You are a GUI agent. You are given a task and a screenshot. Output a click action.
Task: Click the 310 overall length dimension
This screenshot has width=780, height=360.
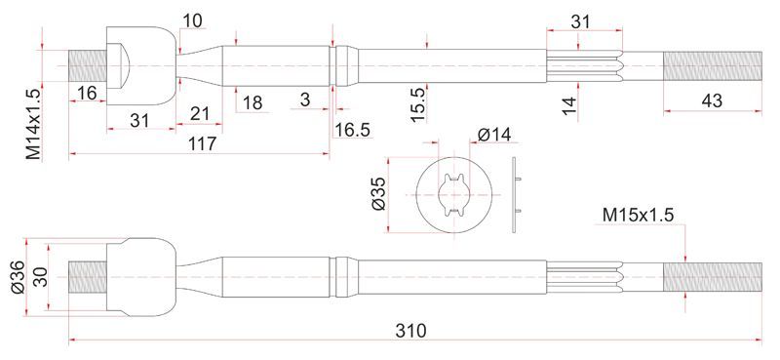pyautogui.click(x=410, y=330)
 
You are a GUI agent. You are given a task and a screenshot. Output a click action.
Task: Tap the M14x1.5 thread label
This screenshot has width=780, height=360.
pyautogui.click(x=34, y=123)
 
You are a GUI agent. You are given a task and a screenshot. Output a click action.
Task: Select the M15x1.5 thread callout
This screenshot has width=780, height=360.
pyautogui.click(x=638, y=215)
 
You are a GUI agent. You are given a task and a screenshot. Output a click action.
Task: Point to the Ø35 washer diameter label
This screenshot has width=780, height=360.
pyautogui.click(x=378, y=195)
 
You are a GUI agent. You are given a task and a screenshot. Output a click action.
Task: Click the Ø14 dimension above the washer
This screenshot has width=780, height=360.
pyautogui.click(x=494, y=135)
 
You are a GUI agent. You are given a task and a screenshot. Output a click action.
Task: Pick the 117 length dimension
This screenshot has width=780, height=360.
pyautogui.click(x=203, y=144)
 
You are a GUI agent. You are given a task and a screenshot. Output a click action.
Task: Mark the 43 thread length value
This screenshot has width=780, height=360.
pyautogui.click(x=712, y=100)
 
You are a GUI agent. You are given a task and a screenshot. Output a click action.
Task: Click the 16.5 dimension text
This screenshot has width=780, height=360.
pyautogui.click(x=353, y=130)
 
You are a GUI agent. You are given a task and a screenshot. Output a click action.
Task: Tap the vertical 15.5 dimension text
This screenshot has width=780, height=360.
pyautogui.click(x=418, y=104)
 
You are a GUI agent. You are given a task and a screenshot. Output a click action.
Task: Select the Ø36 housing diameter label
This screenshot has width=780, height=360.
pyautogui.click(x=17, y=277)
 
